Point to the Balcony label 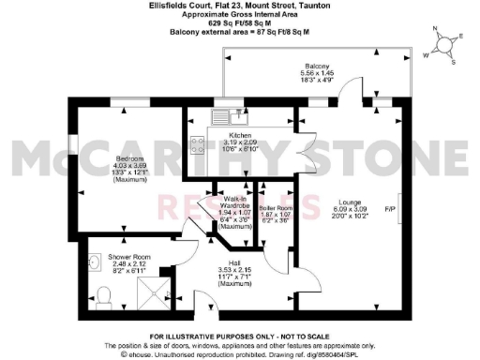click(x=315, y=66)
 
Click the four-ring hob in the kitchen click(x=200, y=144)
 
